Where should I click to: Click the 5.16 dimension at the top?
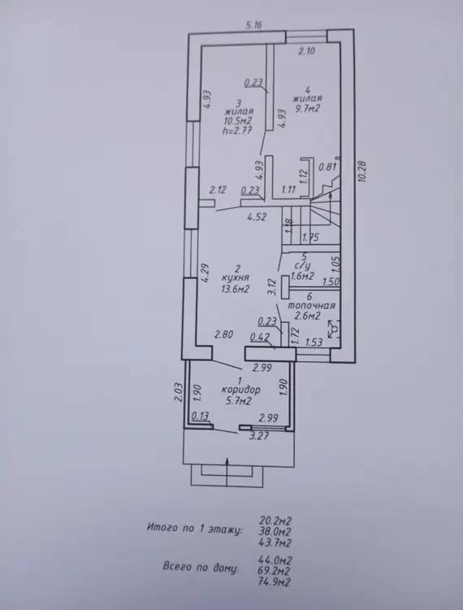[254, 25]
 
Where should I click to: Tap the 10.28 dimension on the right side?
[363, 172]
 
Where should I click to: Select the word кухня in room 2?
[235, 278]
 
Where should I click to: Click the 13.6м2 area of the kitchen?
[235, 289]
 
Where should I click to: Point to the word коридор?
[240, 390]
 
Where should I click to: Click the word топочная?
[311, 306]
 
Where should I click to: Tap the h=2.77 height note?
[237, 130]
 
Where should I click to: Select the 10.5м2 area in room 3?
[238, 120]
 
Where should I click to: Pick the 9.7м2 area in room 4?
[308, 108]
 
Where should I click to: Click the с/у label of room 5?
[303, 267]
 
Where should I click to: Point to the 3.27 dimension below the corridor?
[259, 436]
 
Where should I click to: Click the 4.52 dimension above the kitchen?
[257, 216]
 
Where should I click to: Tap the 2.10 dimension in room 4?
[306, 51]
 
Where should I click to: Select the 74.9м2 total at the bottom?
[275, 582]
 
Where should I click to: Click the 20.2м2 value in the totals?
[275, 521]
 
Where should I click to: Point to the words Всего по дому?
[201, 566]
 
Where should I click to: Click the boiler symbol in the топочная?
[334, 329]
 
